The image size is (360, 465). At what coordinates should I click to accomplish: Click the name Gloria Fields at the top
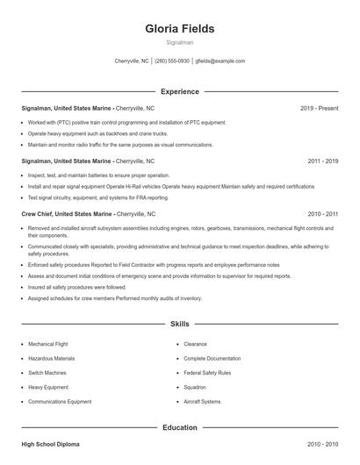point(179,28)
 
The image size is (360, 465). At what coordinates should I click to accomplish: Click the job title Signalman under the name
point(179,42)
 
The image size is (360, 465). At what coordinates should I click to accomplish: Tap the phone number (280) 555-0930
point(173,61)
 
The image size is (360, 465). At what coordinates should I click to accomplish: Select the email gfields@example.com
point(220,61)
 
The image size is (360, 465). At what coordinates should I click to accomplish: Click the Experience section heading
point(179,91)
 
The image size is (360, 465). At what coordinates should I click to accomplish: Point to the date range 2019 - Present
point(319,108)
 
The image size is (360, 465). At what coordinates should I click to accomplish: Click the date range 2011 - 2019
point(323,161)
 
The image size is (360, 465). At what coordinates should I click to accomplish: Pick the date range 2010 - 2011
point(323,213)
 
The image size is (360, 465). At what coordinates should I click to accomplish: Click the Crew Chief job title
point(41,213)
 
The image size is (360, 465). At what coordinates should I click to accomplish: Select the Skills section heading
point(179,324)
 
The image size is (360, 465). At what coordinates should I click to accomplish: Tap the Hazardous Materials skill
point(51,359)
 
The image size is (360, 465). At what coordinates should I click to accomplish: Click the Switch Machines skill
point(48,373)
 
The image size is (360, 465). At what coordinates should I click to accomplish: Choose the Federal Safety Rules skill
point(207,373)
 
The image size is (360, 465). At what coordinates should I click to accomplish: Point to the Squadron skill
point(195,387)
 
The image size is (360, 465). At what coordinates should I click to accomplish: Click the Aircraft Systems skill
point(203,401)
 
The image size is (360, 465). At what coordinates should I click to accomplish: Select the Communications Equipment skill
point(59,401)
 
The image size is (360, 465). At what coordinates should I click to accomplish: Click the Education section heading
point(179,427)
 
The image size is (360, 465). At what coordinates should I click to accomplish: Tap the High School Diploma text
point(50,445)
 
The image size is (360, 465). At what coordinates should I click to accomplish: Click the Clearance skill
point(195,345)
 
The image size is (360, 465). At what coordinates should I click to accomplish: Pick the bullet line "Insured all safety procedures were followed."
point(76,287)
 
